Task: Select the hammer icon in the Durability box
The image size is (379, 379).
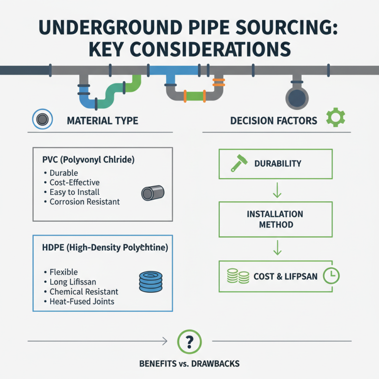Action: [x=236, y=163]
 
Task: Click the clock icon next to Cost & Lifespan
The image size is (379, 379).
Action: [x=330, y=275]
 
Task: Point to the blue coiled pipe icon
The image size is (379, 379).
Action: [x=152, y=281]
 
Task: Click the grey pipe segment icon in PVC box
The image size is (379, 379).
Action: [x=153, y=193]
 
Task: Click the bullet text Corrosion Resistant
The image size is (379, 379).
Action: [x=85, y=202]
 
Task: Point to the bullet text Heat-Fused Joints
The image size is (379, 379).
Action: [x=82, y=301]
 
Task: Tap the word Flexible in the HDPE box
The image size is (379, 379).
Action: [x=63, y=272]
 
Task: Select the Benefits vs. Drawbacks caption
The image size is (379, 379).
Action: [x=189, y=364]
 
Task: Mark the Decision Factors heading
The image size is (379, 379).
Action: [x=274, y=121]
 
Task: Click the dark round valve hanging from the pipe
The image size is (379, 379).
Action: [x=297, y=97]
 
